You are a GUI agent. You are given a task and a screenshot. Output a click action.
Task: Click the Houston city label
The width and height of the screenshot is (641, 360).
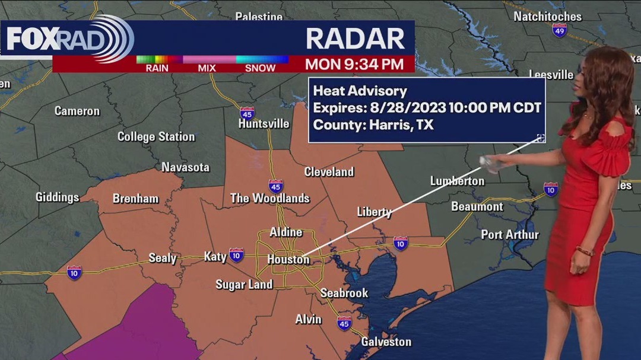(x=288, y=259)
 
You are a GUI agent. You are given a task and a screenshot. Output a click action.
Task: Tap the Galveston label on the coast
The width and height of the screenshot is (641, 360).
(x=386, y=342)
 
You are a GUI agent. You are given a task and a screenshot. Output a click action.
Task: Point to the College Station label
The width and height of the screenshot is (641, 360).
(x=156, y=136)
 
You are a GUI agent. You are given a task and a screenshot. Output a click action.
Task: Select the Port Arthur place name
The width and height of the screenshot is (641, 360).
(x=510, y=234)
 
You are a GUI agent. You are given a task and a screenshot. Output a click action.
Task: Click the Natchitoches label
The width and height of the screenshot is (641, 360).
(x=547, y=16)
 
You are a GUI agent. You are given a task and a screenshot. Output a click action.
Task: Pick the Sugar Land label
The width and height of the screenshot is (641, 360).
(x=244, y=285)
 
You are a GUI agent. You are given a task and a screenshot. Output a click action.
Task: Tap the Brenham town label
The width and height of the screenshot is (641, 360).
(x=135, y=199)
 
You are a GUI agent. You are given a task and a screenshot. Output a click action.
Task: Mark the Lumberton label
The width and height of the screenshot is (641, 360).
(x=457, y=181)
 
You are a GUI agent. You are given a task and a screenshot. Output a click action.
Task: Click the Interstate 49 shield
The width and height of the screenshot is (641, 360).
(x=559, y=31)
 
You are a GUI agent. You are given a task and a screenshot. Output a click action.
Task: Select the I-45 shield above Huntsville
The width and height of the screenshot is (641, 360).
(x=247, y=112)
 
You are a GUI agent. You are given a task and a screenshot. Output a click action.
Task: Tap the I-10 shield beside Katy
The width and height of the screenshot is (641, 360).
(x=236, y=255)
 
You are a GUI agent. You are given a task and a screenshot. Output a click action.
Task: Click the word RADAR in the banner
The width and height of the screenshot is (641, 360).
(x=355, y=39)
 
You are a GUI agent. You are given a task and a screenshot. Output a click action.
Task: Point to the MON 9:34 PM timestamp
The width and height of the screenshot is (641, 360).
(x=354, y=64)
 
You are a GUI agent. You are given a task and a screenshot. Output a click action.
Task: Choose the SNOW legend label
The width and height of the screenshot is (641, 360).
(x=260, y=68)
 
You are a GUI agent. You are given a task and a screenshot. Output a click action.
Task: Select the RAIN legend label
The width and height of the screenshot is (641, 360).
(x=157, y=68)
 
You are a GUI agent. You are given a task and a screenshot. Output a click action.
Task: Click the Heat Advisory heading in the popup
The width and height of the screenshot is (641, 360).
(x=360, y=91)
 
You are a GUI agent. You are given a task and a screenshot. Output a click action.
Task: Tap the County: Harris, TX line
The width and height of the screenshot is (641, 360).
(x=373, y=125)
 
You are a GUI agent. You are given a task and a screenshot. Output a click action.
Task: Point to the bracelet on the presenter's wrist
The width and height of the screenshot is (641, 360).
(x=585, y=251)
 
